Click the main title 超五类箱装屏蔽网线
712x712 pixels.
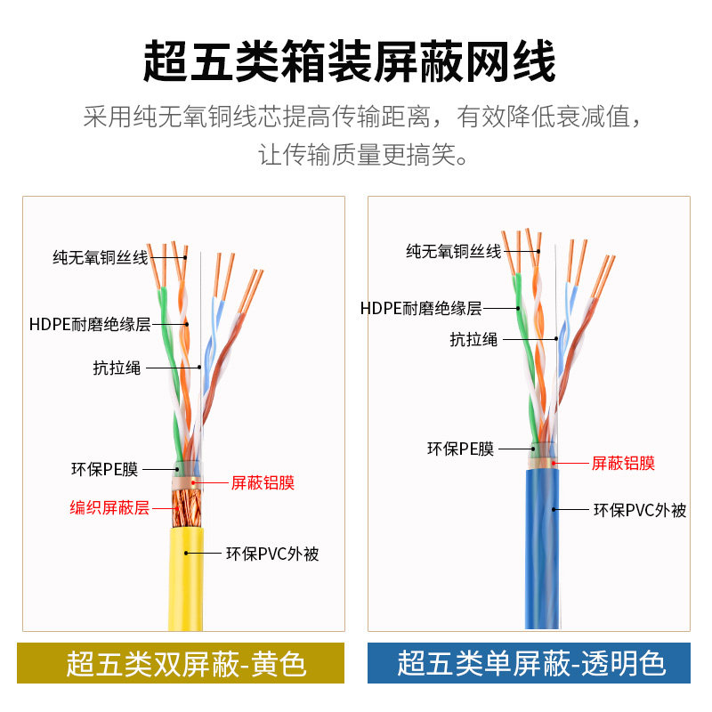pyautogui.click(x=350, y=61)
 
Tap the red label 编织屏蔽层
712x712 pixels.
pyautogui.click(x=109, y=508)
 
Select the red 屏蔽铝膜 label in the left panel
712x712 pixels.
pyautogui.click(x=263, y=483)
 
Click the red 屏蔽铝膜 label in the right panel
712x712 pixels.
pyautogui.click(x=623, y=463)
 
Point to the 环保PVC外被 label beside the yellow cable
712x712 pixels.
pyautogui.click(x=271, y=554)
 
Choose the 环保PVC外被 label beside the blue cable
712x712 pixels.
pyautogui.click(x=640, y=510)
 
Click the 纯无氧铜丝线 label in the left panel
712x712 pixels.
pyautogui.click(x=100, y=257)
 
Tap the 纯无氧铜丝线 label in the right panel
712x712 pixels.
pyautogui.click(x=454, y=252)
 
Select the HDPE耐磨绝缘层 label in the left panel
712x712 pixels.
pyautogui.click(x=90, y=324)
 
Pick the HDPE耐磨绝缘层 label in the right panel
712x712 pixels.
pyautogui.click(x=421, y=309)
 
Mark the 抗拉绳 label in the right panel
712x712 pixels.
pyautogui.click(x=473, y=339)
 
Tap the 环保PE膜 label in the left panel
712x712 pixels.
pyautogui.click(x=105, y=469)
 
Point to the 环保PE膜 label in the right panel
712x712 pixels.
pyautogui.click(x=460, y=449)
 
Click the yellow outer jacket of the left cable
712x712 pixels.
pyautogui.click(x=186, y=578)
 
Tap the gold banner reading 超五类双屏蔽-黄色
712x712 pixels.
pyautogui.click(x=181, y=663)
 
